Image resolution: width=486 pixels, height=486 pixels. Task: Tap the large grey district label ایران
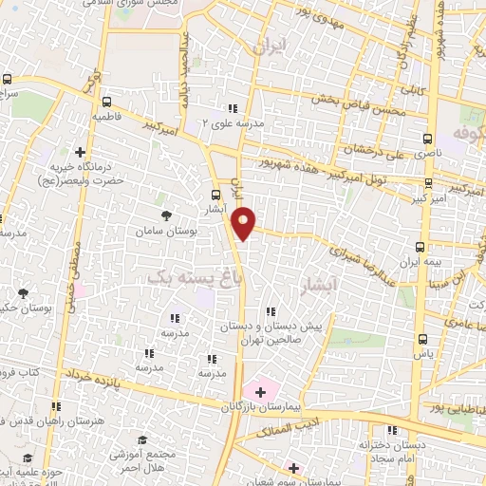point(270,46)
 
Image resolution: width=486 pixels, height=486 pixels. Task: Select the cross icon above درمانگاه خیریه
point(81,151)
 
